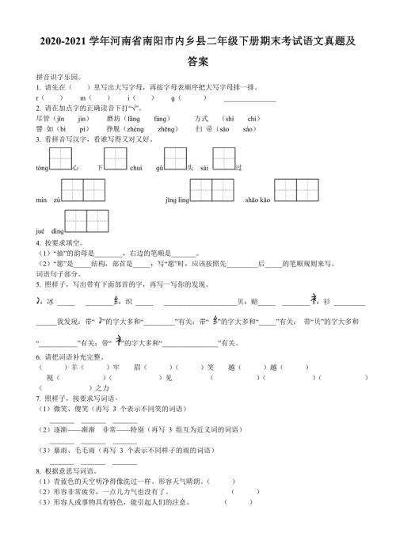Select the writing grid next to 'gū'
coord(175,158)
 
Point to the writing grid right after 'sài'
coord(224,158)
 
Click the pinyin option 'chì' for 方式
coord(252,117)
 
